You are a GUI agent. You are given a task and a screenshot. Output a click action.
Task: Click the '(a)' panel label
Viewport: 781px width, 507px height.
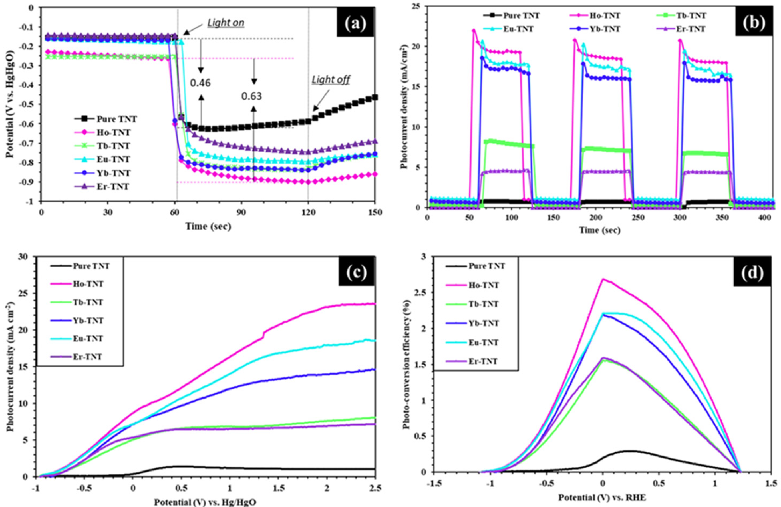pos(355,22)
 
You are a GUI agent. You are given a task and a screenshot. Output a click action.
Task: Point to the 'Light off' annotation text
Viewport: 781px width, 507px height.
pos(331,80)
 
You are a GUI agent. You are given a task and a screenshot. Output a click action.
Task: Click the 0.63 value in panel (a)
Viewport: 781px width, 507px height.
pos(252,96)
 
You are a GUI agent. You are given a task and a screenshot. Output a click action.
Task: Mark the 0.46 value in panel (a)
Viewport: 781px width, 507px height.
pos(200,83)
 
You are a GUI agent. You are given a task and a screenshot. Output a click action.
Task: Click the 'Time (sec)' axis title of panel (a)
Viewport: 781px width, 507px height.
pos(208,226)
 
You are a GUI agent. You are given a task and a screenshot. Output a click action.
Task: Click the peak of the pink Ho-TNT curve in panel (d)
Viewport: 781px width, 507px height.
pos(603,279)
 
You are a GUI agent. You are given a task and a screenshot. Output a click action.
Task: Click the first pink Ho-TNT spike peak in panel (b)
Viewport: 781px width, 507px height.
pos(474,31)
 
